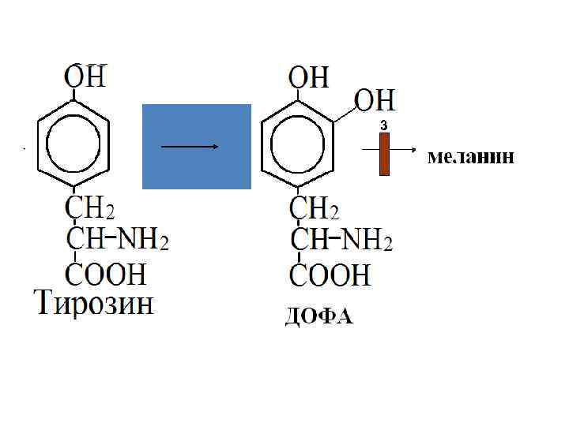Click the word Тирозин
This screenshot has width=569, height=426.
pyautogui.click(x=94, y=304)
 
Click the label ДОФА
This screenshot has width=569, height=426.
pyautogui.click(x=318, y=318)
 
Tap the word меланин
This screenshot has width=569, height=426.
pyautogui.click(x=471, y=157)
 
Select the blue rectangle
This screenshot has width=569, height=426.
pyautogui.click(x=196, y=147)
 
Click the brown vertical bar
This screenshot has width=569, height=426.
pyautogui.click(x=384, y=154)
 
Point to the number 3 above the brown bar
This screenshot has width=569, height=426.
pyautogui.click(x=383, y=125)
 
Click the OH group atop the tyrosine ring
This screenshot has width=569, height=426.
pyautogui.click(x=85, y=77)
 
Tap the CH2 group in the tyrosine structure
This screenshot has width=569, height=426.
pyautogui.click(x=89, y=209)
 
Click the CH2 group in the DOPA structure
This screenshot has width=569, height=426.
pyautogui.click(x=315, y=210)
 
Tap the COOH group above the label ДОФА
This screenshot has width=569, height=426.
pyautogui.click(x=330, y=275)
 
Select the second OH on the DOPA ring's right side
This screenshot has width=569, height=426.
pyautogui.click(x=375, y=101)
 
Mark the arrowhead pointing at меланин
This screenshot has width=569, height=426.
pyautogui.click(x=413, y=148)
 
